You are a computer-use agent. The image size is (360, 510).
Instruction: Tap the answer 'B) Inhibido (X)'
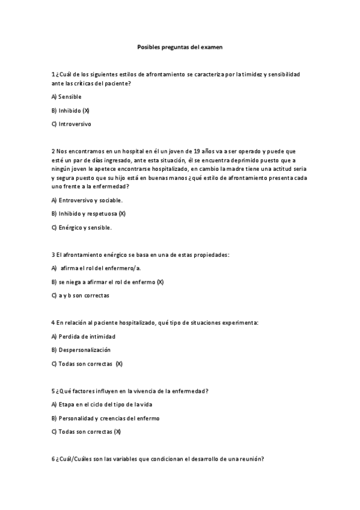pyautogui.click(x=70, y=111)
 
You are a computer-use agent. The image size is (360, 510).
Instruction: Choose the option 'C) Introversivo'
pyautogui.click(x=71, y=124)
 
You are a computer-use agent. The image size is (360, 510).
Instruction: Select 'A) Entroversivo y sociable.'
pyautogui.click(x=87, y=200)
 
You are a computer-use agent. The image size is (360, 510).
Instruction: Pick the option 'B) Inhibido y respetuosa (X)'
pyautogui.click(x=88, y=214)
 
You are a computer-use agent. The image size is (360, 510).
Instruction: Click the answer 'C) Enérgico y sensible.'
pyautogui.click(x=81, y=228)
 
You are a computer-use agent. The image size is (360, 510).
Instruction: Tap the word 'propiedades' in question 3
pyautogui.click(x=210, y=255)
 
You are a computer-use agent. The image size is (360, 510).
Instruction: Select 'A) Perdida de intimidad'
pyautogui.click(x=83, y=337)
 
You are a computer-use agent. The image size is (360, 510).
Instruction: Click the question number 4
pyautogui.click(x=53, y=323)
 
